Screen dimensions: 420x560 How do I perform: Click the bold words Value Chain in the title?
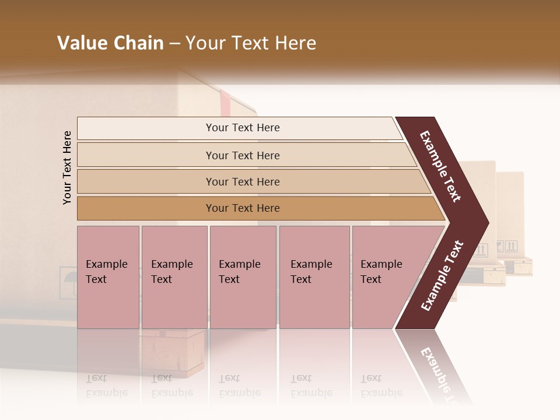click(110, 43)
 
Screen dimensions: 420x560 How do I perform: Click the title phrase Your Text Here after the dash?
click(251, 43)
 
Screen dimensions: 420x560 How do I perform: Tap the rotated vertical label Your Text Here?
click(67, 167)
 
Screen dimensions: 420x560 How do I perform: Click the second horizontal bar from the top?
click(243, 155)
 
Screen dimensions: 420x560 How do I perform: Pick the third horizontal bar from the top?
click(243, 181)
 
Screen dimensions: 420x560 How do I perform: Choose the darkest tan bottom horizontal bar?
click(243, 208)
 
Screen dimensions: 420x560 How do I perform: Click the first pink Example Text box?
click(108, 277)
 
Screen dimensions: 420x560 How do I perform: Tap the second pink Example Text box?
click(174, 277)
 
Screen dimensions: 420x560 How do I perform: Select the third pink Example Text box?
click(243, 277)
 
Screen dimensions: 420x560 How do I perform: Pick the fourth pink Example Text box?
click(314, 277)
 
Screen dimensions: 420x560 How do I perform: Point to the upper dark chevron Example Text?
click(440, 166)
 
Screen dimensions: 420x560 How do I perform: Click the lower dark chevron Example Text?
click(442, 275)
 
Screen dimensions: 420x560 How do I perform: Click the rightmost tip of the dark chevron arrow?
click(487, 223)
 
